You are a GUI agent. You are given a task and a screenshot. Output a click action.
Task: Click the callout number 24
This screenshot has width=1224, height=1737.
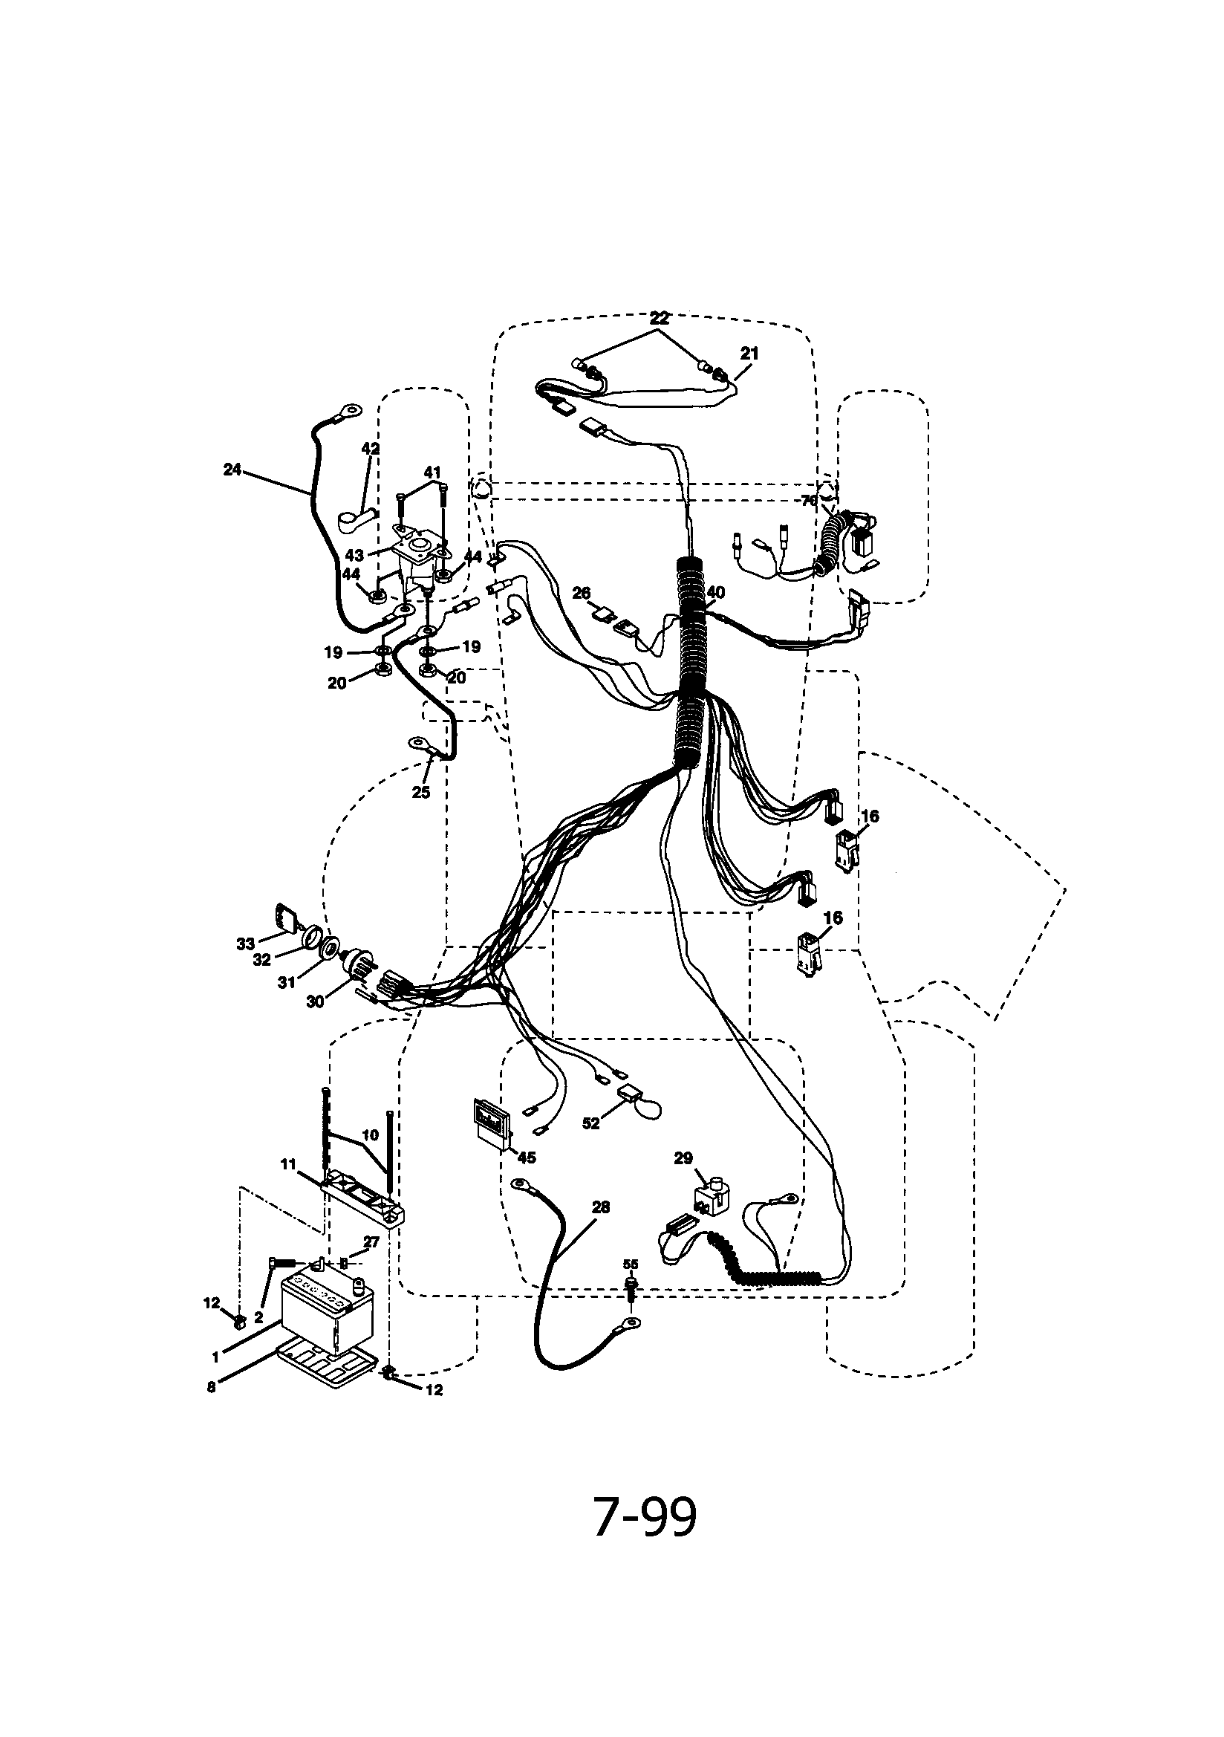[x=232, y=470]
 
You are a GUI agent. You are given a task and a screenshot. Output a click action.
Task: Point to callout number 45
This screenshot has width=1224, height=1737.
[x=527, y=1158]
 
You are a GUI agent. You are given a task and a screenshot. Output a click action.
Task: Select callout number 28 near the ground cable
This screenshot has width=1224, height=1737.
[x=601, y=1207]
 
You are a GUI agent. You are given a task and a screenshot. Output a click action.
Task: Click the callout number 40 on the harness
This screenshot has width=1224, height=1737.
[x=715, y=591]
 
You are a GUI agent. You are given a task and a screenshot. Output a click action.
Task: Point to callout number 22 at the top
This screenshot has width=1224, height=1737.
[x=660, y=319]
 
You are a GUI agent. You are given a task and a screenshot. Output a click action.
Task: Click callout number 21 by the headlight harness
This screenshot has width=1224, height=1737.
[x=749, y=354]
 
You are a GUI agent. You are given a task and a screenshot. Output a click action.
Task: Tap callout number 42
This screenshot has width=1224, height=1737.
[x=370, y=449]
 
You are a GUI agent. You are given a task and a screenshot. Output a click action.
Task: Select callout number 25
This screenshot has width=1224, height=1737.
[x=420, y=792]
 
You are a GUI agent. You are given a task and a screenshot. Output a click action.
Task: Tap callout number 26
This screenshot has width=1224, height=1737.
[x=581, y=593]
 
